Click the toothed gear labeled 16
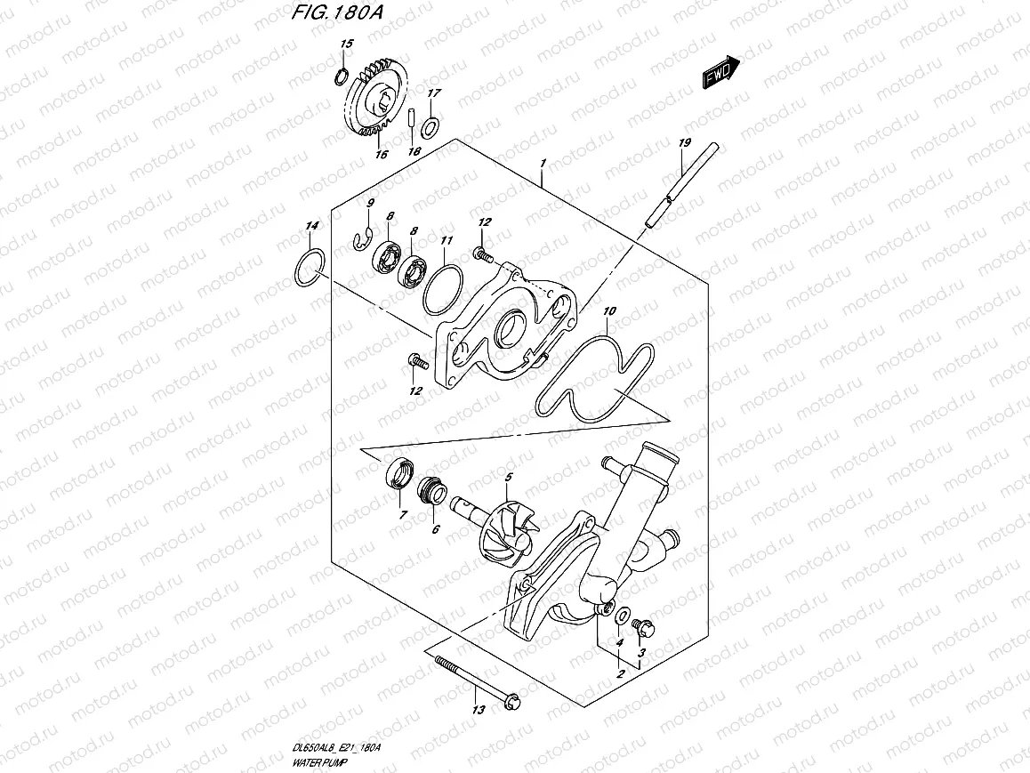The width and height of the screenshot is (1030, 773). coord(379,98)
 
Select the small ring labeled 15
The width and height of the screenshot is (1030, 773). coord(341,74)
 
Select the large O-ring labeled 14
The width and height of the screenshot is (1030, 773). coord(308,270)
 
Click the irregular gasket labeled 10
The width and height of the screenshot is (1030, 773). coord(587,374)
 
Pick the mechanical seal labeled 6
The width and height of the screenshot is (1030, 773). coord(431,491)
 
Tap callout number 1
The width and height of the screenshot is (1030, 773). coord(542,163)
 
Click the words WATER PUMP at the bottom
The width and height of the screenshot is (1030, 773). coord(318,762)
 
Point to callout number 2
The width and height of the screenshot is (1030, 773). coord(619,674)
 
